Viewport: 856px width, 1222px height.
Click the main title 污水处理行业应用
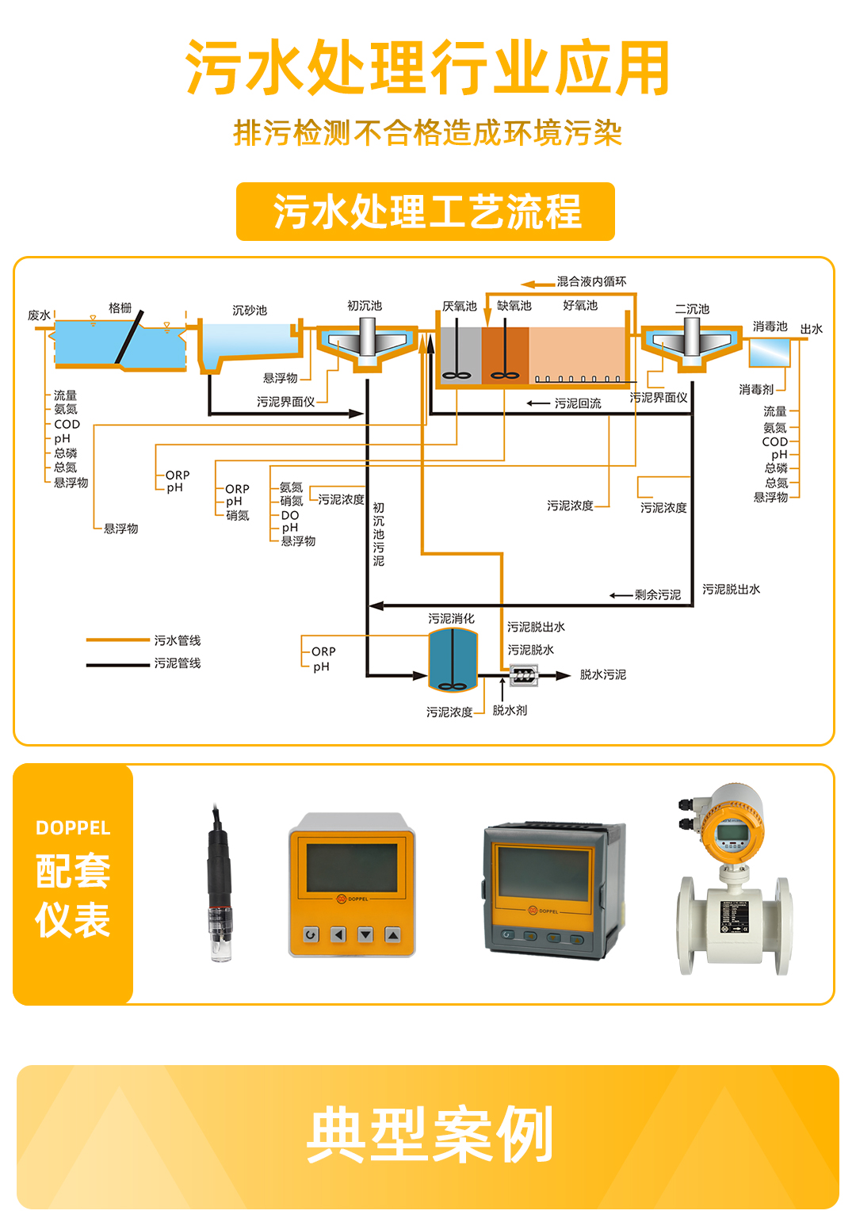[x=428, y=68]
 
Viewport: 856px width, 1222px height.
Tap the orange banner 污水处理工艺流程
[x=426, y=212]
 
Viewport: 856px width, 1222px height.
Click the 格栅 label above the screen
[x=120, y=307]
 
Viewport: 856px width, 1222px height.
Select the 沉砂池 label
[x=250, y=310]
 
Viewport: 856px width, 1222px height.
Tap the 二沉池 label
[x=692, y=308]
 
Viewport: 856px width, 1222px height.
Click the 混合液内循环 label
[x=591, y=281]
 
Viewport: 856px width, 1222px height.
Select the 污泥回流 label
[x=578, y=403]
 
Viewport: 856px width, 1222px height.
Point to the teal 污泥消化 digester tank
[x=453, y=659]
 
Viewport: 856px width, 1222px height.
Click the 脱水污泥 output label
[x=602, y=674]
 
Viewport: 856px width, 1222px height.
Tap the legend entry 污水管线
[x=178, y=640]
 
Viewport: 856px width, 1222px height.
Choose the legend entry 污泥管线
[x=178, y=663]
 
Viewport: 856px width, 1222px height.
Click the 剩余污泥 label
[x=657, y=594]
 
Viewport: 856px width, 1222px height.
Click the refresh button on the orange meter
[x=310, y=935]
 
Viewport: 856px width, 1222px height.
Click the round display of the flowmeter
[x=732, y=834]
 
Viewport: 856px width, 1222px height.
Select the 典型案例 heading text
[x=429, y=1136]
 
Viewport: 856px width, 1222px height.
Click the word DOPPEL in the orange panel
[x=73, y=828]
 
